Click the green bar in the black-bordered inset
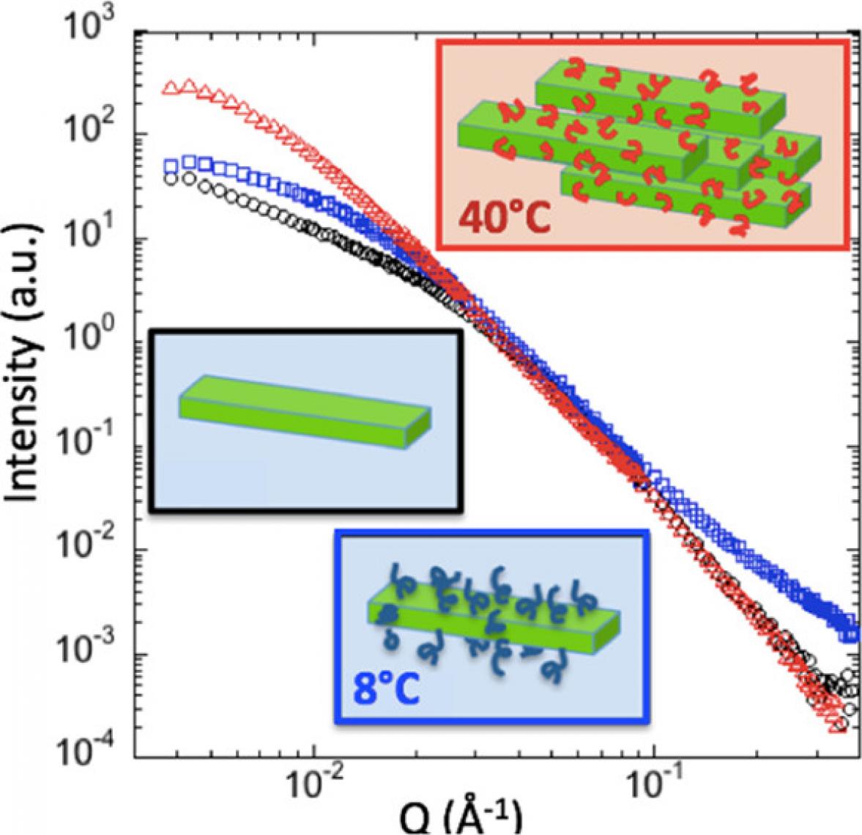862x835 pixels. (303, 411)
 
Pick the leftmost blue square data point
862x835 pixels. (173, 164)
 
